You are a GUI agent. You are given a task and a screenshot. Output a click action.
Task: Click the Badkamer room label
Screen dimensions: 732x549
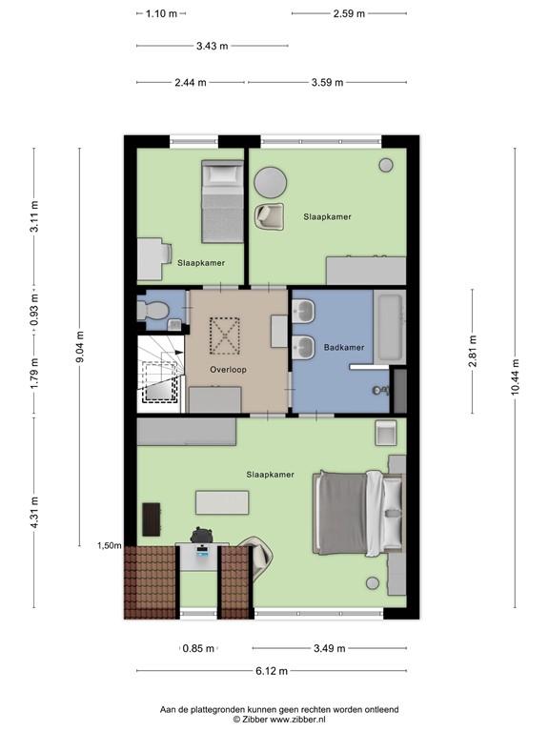point(344,348)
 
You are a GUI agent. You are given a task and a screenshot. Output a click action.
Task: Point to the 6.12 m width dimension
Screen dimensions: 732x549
point(272,671)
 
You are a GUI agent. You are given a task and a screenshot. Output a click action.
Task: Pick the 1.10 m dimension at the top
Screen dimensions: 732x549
point(162,13)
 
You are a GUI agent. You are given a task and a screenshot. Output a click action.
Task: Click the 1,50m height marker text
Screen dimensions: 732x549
point(109,546)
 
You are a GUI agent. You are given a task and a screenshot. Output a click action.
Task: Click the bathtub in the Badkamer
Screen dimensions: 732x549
point(389,328)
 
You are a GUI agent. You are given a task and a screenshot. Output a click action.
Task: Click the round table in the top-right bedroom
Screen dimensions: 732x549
point(271,182)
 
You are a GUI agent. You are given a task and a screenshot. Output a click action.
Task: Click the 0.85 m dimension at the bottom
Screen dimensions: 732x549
point(198,648)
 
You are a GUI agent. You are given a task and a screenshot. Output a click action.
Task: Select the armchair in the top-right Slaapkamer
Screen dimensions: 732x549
point(269,216)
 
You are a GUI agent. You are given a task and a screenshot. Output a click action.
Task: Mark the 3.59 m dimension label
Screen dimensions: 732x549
point(327,83)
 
